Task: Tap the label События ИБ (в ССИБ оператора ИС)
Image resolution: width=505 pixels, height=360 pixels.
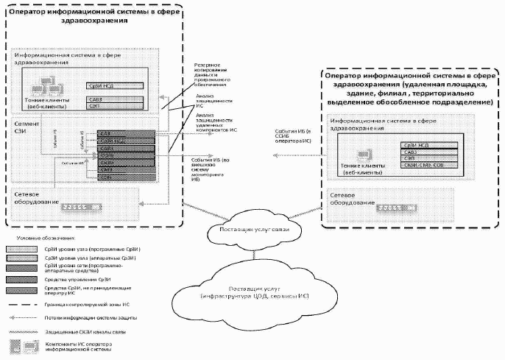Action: tap(294, 135)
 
